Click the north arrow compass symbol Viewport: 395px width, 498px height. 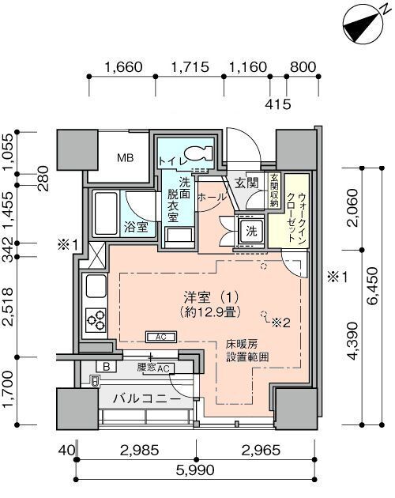pos(362,25)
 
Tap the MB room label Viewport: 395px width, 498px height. pos(125,157)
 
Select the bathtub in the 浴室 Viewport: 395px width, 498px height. pos(106,213)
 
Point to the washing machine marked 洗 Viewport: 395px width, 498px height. pos(251,232)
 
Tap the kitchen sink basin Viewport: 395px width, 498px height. pos(96,286)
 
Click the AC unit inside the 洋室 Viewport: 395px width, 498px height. pos(161,337)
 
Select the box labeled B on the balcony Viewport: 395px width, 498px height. pos(107,367)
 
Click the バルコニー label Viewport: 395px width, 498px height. pos(147,398)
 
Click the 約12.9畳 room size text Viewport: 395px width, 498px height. pos(210,312)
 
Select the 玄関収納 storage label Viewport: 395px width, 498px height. pos(274,190)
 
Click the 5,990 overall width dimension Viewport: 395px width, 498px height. pos(196,470)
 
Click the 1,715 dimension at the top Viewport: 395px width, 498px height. pos(190,67)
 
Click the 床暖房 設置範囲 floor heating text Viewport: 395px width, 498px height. pos(247,350)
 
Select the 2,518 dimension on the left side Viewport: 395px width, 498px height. pos(8,307)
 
